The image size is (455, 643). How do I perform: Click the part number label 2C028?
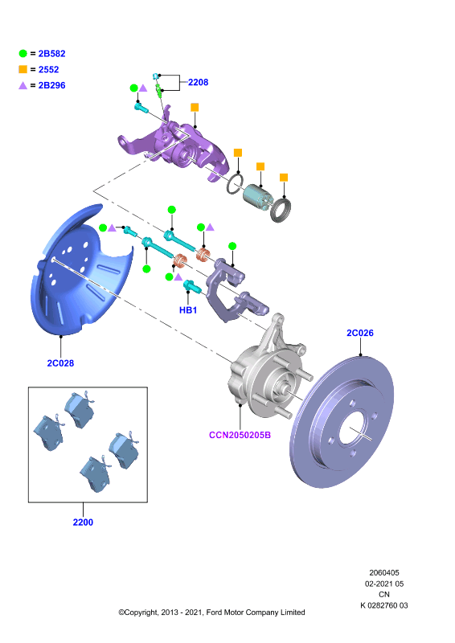[x=60, y=363]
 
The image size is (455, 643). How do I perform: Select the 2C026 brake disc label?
[x=360, y=333]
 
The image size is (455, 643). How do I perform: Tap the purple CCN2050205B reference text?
[x=240, y=435]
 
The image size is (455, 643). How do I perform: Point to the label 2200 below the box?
[x=83, y=522]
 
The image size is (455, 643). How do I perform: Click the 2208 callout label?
[x=199, y=83]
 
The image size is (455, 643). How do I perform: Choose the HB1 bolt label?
[x=188, y=310]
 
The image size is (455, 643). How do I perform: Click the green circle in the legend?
[x=23, y=53]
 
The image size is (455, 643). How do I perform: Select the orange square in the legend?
[x=23, y=69]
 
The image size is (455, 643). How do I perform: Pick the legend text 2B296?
[x=51, y=85]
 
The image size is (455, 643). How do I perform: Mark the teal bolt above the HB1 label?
[x=191, y=286]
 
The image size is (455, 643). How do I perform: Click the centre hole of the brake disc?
[x=351, y=428]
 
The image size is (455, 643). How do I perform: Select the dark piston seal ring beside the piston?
[x=281, y=210]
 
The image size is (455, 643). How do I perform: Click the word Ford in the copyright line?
[x=215, y=612]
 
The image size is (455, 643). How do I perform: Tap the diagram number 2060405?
[x=384, y=573]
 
